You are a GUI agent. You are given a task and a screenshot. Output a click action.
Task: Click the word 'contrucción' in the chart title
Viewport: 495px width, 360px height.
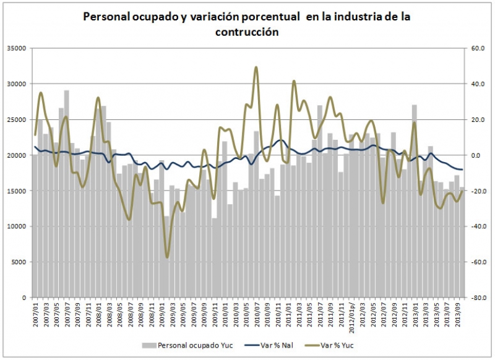(x=247, y=32)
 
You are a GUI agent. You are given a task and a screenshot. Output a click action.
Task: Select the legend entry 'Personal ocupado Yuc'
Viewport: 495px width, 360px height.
(x=188, y=345)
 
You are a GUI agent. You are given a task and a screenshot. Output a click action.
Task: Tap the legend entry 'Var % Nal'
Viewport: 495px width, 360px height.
(x=279, y=345)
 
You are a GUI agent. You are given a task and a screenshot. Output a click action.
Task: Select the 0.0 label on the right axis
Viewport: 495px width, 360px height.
(x=475, y=155)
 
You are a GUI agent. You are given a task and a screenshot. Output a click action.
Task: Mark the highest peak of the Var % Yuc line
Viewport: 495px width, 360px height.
(x=256, y=67)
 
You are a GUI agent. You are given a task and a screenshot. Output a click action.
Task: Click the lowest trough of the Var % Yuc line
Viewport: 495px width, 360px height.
(x=166, y=257)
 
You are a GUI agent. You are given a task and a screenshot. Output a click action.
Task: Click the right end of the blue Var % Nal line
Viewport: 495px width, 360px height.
(x=462, y=169)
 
